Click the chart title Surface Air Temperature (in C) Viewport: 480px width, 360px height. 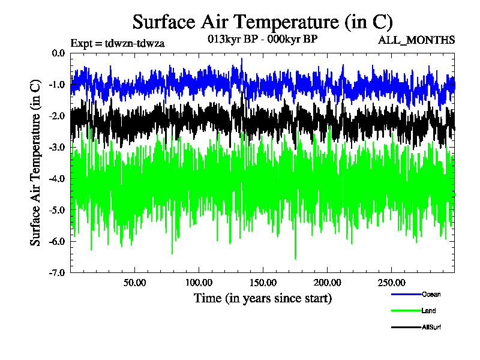pos(262,22)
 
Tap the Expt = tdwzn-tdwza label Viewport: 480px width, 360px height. pos(118,43)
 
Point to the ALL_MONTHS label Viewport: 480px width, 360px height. pos(416,40)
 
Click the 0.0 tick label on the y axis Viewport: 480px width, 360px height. pos(58,53)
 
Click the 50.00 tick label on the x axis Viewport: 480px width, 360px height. pos(135,283)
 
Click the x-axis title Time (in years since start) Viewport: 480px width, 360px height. pos(263,298)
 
